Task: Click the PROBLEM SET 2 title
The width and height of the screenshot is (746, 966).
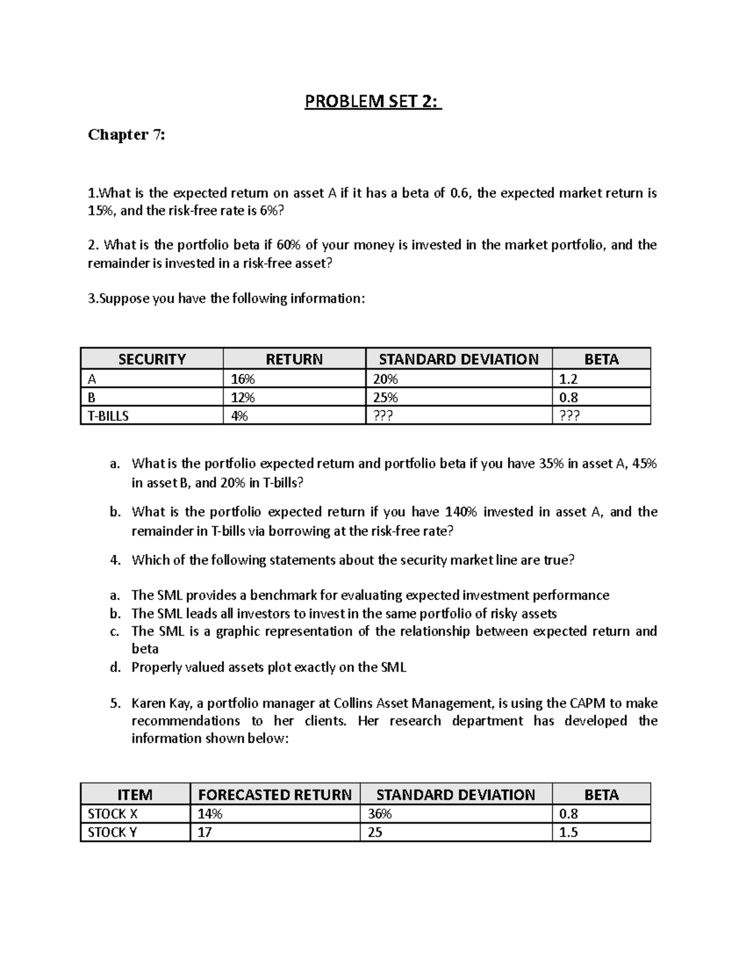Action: pos(372,101)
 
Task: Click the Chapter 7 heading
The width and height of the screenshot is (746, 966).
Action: pos(127,134)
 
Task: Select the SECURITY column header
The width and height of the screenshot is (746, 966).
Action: pos(152,359)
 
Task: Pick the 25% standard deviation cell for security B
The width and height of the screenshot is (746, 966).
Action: pos(385,397)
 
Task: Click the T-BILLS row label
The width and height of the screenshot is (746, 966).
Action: pos(108,416)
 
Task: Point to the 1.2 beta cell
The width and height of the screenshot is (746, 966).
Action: pos(569,379)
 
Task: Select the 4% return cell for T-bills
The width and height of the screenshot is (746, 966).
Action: pos(239,416)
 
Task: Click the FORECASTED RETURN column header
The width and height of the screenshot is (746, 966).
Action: pos(275,794)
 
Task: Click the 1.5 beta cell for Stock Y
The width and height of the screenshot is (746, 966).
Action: pos(569,832)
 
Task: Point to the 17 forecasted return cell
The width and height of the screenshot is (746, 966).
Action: pos(205,832)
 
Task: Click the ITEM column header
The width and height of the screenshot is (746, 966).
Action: pos(135,794)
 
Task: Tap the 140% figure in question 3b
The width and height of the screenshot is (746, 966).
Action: pos(460,512)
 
